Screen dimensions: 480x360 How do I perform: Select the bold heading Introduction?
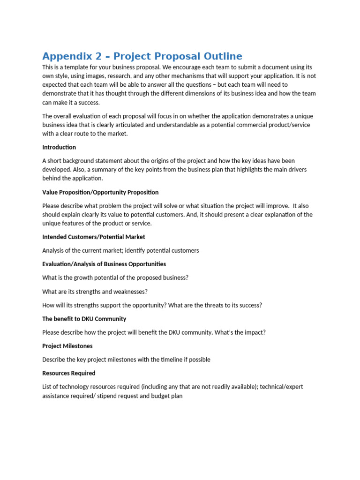pos(59,147)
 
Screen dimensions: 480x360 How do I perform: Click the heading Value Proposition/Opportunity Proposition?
pos(100,192)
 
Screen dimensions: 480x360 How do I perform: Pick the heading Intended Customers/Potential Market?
pos(94,237)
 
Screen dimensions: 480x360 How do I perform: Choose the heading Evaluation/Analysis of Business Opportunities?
pos(104,264)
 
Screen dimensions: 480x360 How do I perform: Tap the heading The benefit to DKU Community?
pos(84,319)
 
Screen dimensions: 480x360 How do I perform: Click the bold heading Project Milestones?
pos(67,346)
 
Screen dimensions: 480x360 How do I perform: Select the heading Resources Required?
pos(69,373)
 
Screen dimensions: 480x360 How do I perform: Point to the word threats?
pos(209,305)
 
